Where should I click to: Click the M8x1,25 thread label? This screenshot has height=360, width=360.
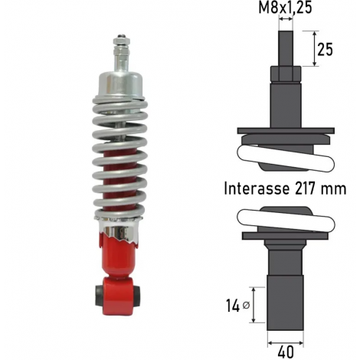(285, 7)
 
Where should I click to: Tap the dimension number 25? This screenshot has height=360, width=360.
(325, 49)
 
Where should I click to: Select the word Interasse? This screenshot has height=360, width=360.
(257, 188)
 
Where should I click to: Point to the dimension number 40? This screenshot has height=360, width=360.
(286, 352)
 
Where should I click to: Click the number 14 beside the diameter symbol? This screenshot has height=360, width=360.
(233, 306)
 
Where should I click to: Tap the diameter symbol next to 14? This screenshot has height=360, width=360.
(246, 305)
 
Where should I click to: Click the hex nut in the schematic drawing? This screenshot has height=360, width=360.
(286, 74)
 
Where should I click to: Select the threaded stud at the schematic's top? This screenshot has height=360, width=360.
(286, 48)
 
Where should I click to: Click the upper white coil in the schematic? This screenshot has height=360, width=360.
(286, 158)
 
